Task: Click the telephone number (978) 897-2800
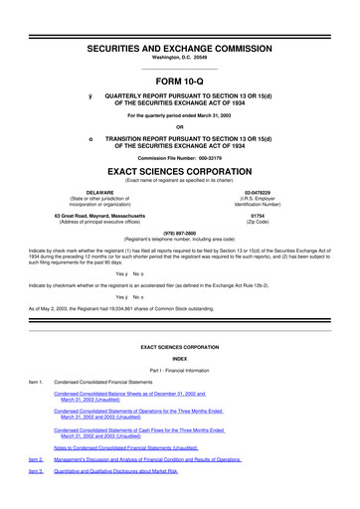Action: (x=179, y=233)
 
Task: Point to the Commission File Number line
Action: (x=179, y=158)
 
